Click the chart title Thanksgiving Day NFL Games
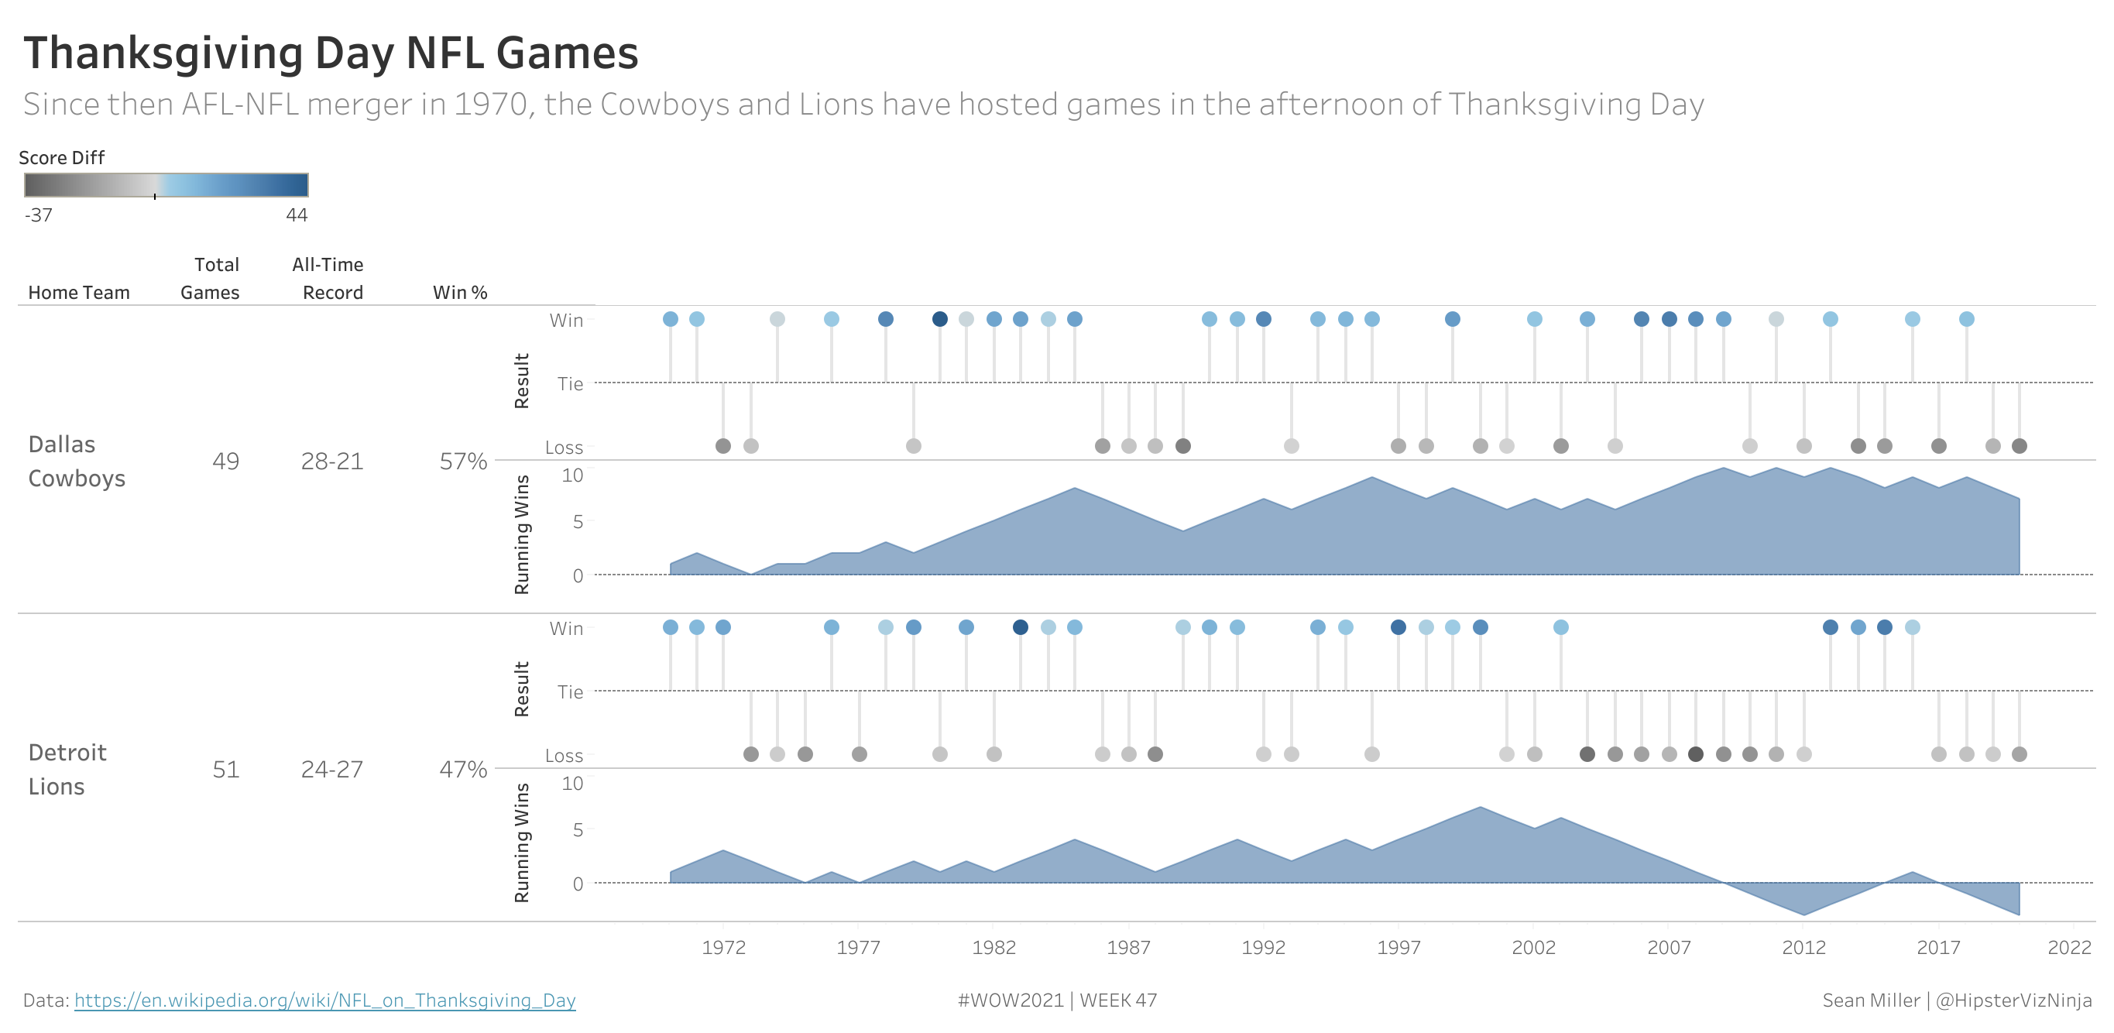coord(330,53)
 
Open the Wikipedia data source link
coord(324,1000)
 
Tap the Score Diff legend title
coord(61,157)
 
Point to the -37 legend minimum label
coord(39,215)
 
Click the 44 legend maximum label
coord(297,215)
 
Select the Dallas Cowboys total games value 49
coord(225,461)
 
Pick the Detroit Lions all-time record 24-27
coord(331,769)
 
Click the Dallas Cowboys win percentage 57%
coord(463,461)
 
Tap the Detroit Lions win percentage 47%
coord(463,769)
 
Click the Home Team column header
coord(79,292)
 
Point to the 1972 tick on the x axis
coord(724,948)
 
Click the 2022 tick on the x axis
coord(2069,948)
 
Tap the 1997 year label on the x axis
coord(1398,948)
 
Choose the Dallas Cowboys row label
coord(77,461)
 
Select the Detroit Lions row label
coord(67,769)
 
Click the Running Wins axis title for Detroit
coord(521,843)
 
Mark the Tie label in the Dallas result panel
coord(571,383)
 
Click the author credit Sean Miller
coord(1871,1000)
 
